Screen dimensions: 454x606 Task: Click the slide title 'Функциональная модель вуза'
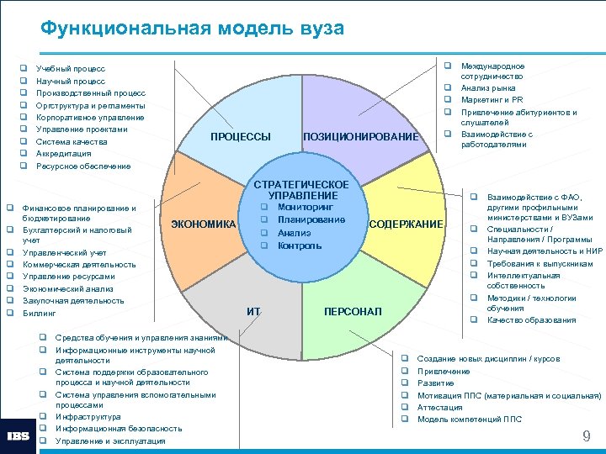[x=193, y=28]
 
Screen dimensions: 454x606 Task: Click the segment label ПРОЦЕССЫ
[x=241, y=137]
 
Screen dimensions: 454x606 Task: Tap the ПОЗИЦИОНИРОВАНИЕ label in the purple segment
[x=359, y=137]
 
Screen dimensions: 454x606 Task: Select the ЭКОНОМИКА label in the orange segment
[x=203, y=224]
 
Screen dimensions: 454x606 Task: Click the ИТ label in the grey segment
[x=253, y=312]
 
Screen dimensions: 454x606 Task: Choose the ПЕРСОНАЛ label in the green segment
[x=353, y=312]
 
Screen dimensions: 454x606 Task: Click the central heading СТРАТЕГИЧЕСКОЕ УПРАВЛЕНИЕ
[x=301, y=190]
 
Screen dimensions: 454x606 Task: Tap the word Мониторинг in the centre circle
[x=306, y=207]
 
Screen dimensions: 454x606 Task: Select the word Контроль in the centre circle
[x=300, y=245]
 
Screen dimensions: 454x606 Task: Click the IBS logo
[x=19, y=436]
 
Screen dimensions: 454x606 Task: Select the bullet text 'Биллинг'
[x=39, y=313]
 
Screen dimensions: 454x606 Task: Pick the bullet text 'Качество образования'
[x=531, y=319]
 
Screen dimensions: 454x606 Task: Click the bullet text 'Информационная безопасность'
[x=118, y=429]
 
